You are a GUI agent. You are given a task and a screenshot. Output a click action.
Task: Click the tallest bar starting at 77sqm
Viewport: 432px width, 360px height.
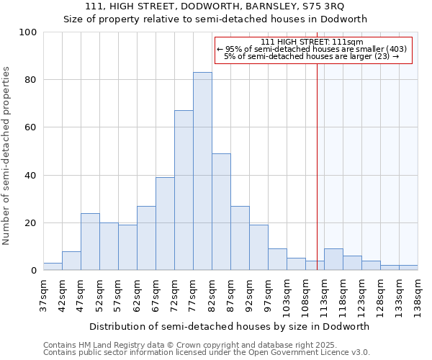[x=202, y=171]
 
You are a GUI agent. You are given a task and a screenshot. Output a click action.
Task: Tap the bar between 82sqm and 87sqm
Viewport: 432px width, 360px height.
[x=221, y=212]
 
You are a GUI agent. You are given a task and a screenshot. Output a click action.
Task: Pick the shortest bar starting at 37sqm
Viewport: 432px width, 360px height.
[x=53, y=266]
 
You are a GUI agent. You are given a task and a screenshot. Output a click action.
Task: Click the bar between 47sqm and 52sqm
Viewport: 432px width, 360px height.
[x=90, y=242]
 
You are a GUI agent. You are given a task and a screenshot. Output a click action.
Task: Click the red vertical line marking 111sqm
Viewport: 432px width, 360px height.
[x=317, y=158]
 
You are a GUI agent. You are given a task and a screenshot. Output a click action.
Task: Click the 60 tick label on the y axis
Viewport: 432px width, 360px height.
[x=31, y=127]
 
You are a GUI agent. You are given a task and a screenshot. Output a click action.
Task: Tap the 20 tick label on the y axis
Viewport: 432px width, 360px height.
[x=31, y=223]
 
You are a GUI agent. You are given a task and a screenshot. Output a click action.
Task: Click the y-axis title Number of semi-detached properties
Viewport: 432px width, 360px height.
[x=7, y=156]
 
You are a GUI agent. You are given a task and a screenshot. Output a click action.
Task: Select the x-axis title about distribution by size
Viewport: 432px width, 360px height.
[x=230, y=326]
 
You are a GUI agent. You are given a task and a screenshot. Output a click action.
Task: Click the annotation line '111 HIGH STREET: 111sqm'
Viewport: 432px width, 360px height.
[x=312, y=42]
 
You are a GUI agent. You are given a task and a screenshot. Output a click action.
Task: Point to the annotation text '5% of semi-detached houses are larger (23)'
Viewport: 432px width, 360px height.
[x=312, y=56]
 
